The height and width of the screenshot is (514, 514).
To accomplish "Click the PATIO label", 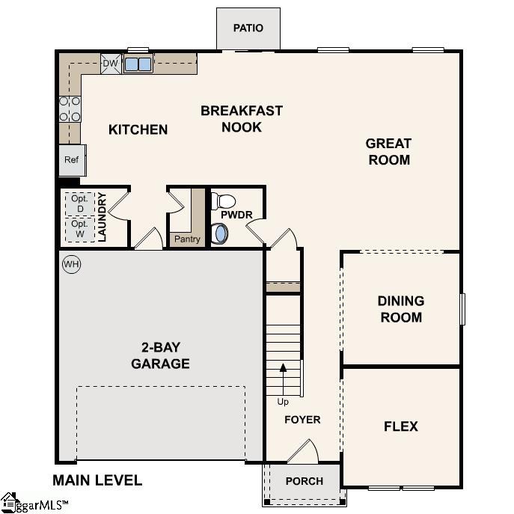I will tap(248, 28).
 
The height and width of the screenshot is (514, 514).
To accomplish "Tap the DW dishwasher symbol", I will tap(110, 64).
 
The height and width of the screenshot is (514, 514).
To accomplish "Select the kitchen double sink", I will tap(138, 64).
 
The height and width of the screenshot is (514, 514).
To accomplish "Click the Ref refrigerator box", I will tap(72, 160).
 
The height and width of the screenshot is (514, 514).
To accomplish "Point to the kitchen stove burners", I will tap(70, 108).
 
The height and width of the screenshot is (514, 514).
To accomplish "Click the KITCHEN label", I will tap(138, 129).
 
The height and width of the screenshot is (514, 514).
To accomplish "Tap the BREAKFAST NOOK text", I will tap(241, 119).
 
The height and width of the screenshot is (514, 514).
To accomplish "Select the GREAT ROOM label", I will tap(388, 151).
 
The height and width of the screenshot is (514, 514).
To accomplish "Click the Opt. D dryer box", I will tap(79, 204).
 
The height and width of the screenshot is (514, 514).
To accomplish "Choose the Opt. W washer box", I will tap(79, 229).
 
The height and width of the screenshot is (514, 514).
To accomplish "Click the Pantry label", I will tap(186, 239).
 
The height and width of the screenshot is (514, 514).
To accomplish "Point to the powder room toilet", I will tap(224, 201).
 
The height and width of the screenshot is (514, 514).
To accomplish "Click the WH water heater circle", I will tap(71, 264).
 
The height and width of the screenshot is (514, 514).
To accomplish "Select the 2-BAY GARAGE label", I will tap(160, 355).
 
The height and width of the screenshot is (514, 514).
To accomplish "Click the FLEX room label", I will tap(400, 426).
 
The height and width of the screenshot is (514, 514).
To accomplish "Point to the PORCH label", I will tap(304, 481).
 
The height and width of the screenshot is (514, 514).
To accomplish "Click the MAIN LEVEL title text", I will tap(97, 480).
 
